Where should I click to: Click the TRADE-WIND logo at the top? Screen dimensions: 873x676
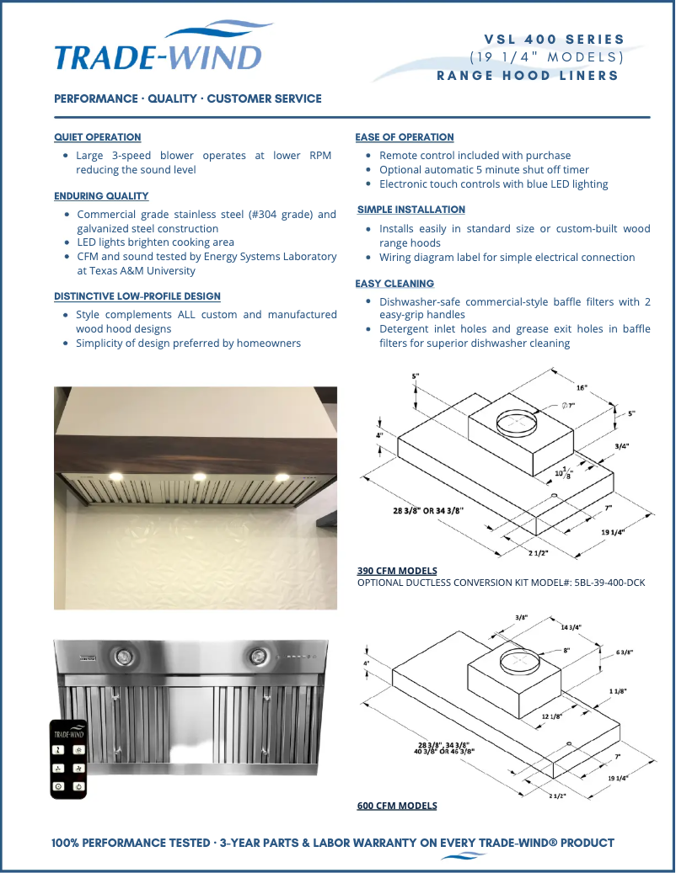(x=158, y=52)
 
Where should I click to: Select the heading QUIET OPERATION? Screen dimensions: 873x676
(x=97, y=137)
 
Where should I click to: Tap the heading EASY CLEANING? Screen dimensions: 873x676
(x=394, y=285)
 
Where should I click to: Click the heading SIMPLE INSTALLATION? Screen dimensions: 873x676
(x=410, y=210)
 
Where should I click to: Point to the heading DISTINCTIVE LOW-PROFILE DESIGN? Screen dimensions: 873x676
(x=137, y=296)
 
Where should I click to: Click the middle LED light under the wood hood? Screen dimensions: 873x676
(x=200, y=477)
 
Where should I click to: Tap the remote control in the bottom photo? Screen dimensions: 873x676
(x=69, y=758)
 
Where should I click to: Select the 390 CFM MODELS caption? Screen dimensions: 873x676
(x=397, y=571)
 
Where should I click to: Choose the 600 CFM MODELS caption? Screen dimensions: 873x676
(x=397, y=806)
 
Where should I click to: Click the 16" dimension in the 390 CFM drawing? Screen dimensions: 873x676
(x=582, y=388)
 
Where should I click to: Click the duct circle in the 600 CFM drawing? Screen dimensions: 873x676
(x=520, y=662)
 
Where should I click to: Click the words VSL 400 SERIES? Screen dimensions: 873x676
(x=554, y=39)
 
